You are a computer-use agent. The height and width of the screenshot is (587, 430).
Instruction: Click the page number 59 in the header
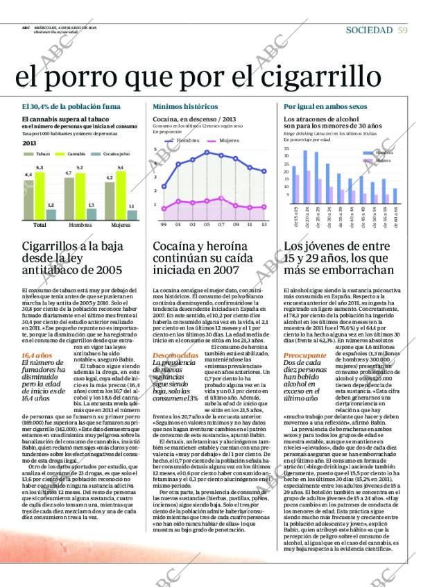403,30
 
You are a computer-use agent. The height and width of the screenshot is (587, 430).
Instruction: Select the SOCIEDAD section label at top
369,30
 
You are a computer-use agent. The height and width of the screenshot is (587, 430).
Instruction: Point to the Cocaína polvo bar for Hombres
92,214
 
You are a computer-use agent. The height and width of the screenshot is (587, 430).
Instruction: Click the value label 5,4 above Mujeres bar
121,168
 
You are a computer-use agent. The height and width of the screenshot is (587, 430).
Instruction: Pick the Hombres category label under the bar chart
80,225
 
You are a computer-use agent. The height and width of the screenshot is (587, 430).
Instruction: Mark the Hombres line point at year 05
207,152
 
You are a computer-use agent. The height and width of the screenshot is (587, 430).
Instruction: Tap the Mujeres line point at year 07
221,198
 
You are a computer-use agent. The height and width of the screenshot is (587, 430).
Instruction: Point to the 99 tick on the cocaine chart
164,225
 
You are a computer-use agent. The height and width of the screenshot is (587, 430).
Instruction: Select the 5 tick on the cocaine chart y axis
156,150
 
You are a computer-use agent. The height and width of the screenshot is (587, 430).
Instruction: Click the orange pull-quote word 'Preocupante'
302,355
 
